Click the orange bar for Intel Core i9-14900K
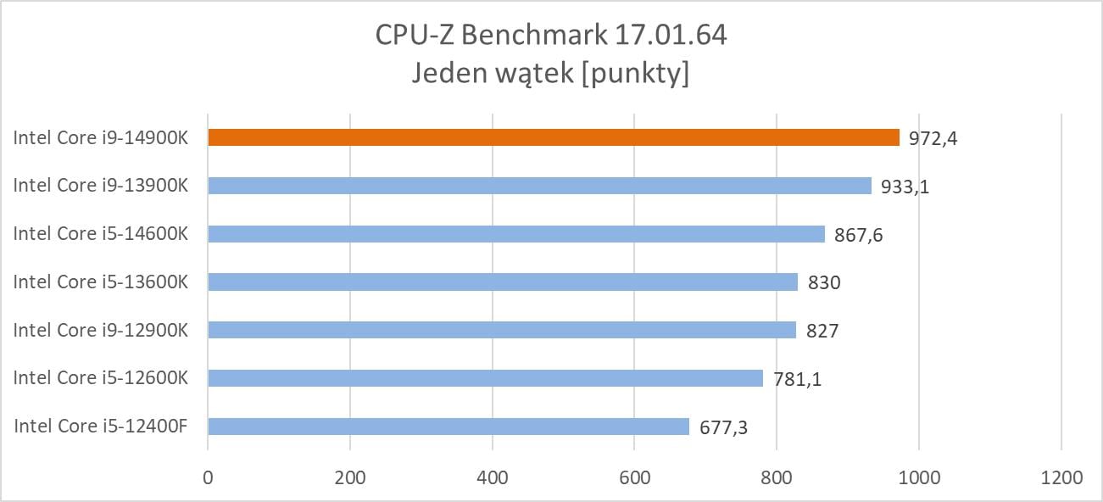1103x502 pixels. [x=554, y=137]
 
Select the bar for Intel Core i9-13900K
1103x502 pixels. [x=539, y=186]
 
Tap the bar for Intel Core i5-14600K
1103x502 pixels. [x=516, y=234]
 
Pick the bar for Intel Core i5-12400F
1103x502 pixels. [x=448, y=427]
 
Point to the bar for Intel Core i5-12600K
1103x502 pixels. [x=485, y=378]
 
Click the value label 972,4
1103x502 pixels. [x=933, y=137]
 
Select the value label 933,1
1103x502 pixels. [x=905, y=186]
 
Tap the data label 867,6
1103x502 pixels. [x=859, y=234]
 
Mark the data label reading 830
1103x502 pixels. [x=824, y=282]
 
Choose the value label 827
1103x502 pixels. [x=822, y=331]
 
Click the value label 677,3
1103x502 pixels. [x=723, y=427]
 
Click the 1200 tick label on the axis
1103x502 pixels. [x=1061, y=477]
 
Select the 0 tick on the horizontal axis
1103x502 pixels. [x=208, y=477]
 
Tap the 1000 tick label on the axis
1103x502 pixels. [x=919, y=477]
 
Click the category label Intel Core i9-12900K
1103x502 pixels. [x=100, y=330]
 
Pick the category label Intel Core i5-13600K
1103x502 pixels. [x=100, y=282]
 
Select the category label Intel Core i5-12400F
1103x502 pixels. [x=100, y=427]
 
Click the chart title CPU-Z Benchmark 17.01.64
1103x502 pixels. [x=551, y=36]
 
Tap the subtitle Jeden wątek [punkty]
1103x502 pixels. [x=551, y=74]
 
